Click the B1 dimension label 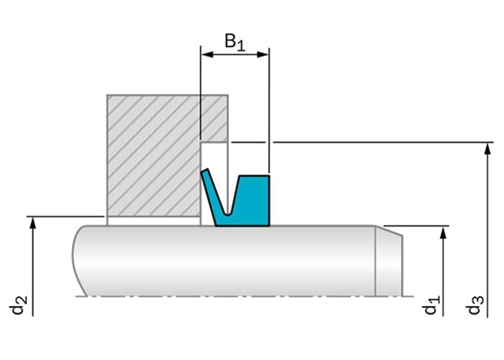[235, 42]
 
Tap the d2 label [18, 305]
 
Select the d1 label [430, 305]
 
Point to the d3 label [474, 305]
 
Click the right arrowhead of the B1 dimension [263, 54]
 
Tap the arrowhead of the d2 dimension [32, 222]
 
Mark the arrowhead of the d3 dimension [488, 148]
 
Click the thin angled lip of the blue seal [212, 193]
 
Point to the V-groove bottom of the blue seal [228, 214]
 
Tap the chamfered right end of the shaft [389, 261]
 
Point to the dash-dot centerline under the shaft [244, 296]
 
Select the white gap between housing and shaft [153, 222]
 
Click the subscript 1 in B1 [241, 47]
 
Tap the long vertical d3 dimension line [488, 230]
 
